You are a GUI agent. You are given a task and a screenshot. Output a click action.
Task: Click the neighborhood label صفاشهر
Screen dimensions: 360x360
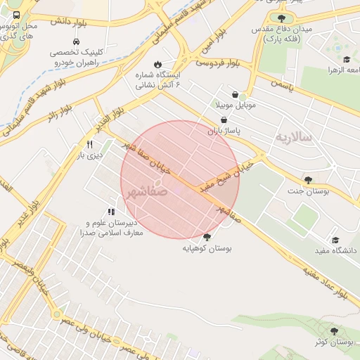pos(148,190)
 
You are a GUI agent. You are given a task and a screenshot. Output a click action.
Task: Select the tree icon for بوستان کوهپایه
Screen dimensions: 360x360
pos(207,237)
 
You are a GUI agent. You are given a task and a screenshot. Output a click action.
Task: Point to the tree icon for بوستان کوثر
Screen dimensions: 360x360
pos(333,330)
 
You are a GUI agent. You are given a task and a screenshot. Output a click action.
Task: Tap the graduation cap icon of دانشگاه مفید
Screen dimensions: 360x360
pos(335,240)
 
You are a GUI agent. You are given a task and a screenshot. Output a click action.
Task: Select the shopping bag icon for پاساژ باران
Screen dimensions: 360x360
pos(223,120)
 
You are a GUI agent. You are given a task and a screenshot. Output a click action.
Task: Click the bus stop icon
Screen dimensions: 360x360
pos(17,15)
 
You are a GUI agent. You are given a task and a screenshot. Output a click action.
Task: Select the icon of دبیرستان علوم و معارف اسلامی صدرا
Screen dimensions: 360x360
pos(110,211)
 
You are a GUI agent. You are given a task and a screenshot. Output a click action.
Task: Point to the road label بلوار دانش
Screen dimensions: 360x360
pos(69,22)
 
